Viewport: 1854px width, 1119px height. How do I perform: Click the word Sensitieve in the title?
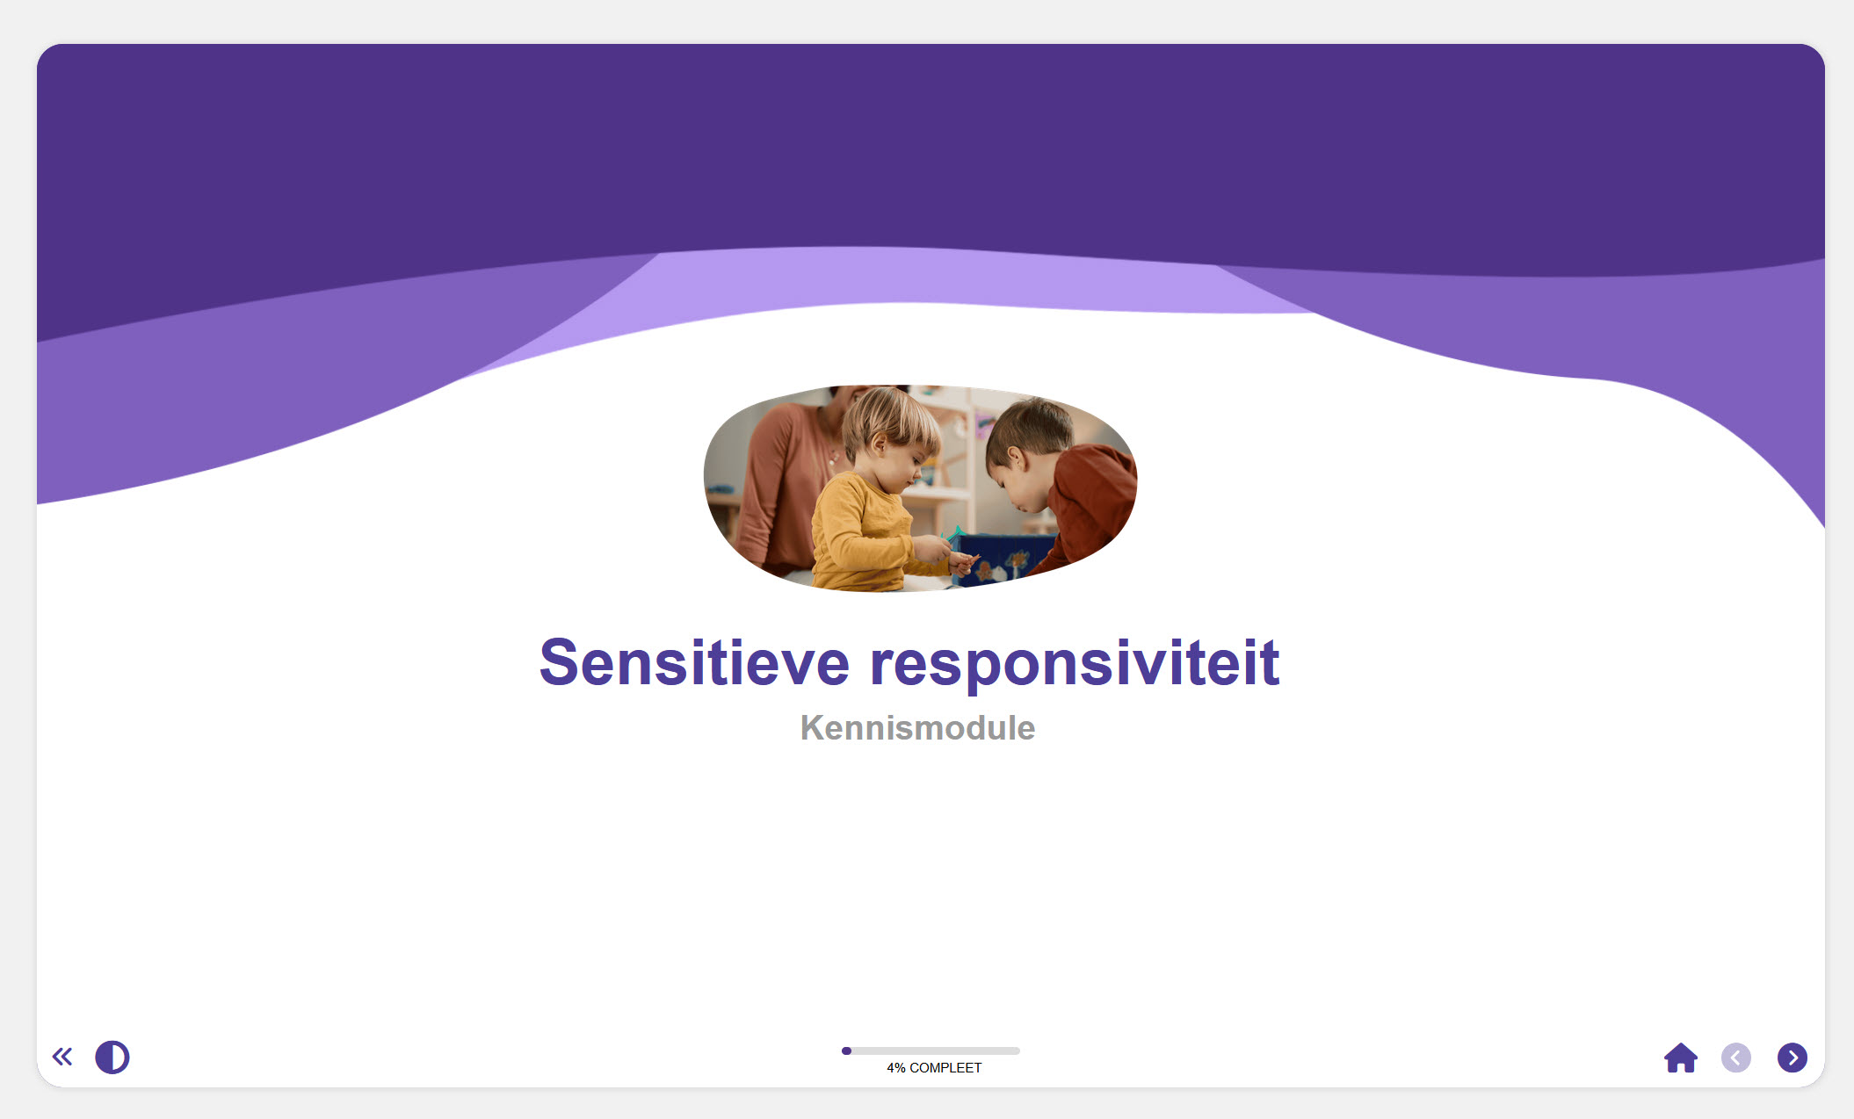pyautogui.click(x=694, y=663)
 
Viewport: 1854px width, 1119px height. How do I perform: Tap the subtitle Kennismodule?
pyautogui.click(x=917, y=728)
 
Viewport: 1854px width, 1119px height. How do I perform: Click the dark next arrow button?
pyautogui.click(x=1792, y=1058)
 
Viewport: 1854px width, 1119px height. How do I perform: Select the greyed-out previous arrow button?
pyautogui.click(x=1735, y=1058)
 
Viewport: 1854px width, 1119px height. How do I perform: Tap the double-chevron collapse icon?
pyautogui.click(x=62, y=1057)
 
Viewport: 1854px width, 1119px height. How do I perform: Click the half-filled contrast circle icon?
pyautogui.click(x=112, y=1058)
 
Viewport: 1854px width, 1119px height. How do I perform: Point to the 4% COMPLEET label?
pyautogui.click(x=934, y=1068)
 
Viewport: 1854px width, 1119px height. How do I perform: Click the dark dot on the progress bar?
pyautogui.click(x=846, y=1050)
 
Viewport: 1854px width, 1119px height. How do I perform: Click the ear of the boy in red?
pyautogui.click(x=1015, y=458)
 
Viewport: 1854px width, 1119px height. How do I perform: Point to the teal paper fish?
pyautogui.click(x=955, y=533)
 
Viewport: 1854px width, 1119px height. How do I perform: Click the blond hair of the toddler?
pyautogui.click(x=887, y=417)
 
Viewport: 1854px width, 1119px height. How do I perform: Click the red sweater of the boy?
pyautogui.click(x=1090, y=501)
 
